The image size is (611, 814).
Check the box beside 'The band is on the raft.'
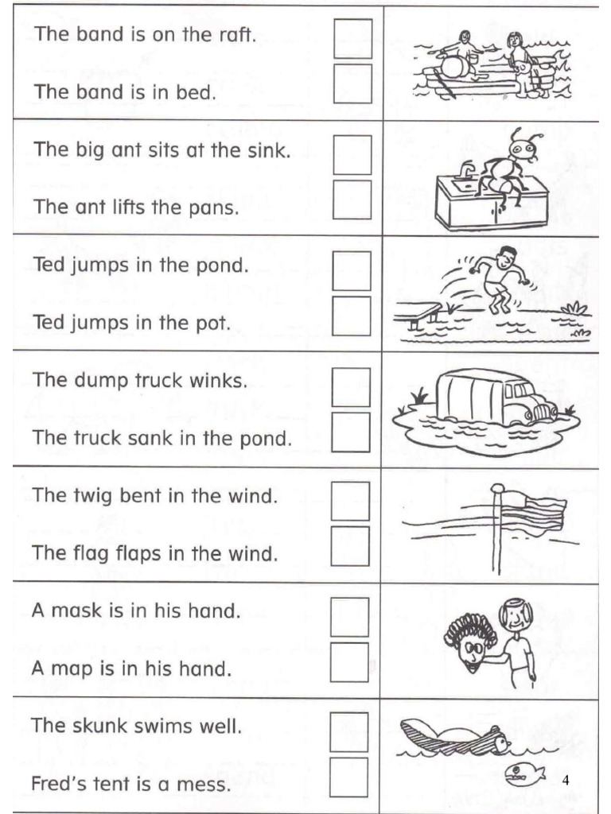(352, 38)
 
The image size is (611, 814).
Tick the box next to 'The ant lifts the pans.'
(352, 200)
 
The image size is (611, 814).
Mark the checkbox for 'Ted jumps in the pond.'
(352, 270)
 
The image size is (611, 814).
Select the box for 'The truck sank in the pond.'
(351, 432)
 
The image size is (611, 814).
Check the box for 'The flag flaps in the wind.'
(351, 545)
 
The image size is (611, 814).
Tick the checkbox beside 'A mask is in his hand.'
(350, 617)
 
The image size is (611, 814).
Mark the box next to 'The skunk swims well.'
(349, 731)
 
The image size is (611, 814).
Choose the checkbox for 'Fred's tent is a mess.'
(349, 777)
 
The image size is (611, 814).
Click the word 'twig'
(93, 497)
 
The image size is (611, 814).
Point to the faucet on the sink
(466, 169)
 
